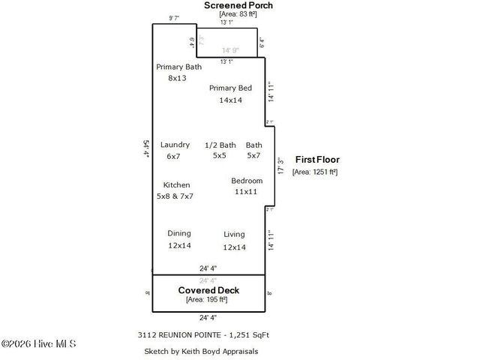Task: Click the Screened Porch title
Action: pyautogui.click(x=239, y=5)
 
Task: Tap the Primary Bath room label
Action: pyautogui.click(x=178, y=67)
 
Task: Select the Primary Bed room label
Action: pyautogui.click(x=230, y=88)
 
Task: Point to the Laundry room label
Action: pyautogui.click(x=175, y=145)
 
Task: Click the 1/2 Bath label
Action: pyautogui.click(x=220, y=145)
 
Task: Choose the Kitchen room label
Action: pyautogui.click(x=176, y=184)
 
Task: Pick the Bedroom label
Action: pyautogui.click(x=247, y=181)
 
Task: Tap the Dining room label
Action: pyautogui.click(x=179, y=233)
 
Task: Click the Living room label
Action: pyautogui.click(x=234, y=235)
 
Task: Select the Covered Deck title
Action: pyautogui.click(x=208, y=290)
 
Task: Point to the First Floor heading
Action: pyautogui.click(x=317, y=160)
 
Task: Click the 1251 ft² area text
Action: pyautogui.click(x=315, y=172)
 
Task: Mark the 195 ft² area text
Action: pyautogui.click(x=206, y=300)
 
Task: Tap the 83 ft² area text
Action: pyautogui.click(x=239, y=14)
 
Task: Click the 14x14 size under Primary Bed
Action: pyautogui.click(x=230, y=100)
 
